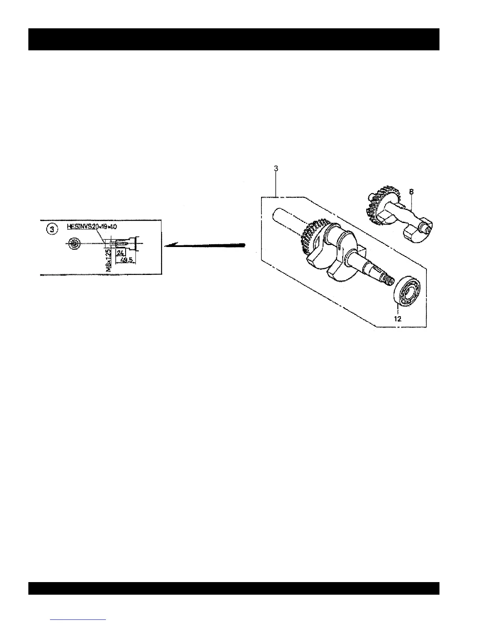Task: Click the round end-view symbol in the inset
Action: [x=74, y=244]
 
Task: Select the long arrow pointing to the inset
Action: [x=205, y=245]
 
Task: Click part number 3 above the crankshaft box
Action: [x=276, y=168]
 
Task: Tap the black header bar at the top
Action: [x=234, y=39]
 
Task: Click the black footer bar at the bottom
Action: [x=234, y=588]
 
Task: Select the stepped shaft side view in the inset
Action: [x=124, y=243]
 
